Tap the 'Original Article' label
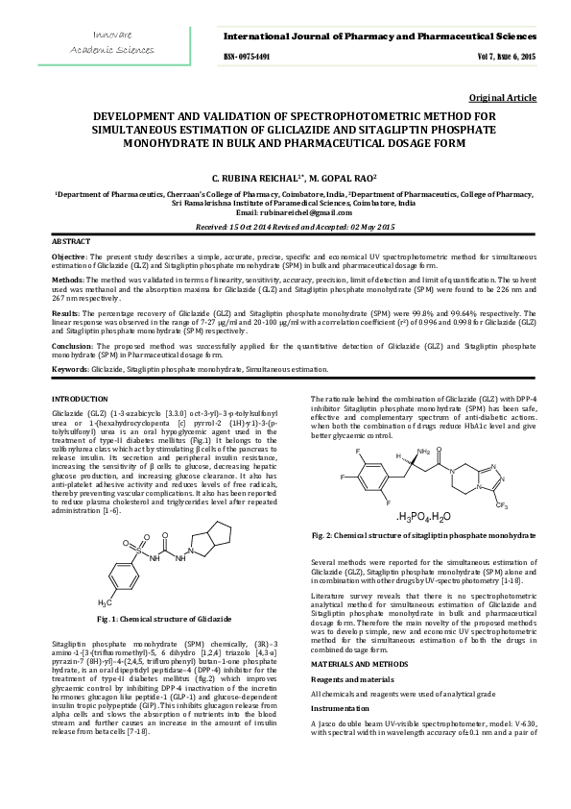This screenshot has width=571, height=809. (x=502, y=99)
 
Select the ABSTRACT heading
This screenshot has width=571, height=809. (x=71, y=240)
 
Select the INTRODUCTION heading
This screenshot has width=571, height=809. (x=80, y=398)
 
